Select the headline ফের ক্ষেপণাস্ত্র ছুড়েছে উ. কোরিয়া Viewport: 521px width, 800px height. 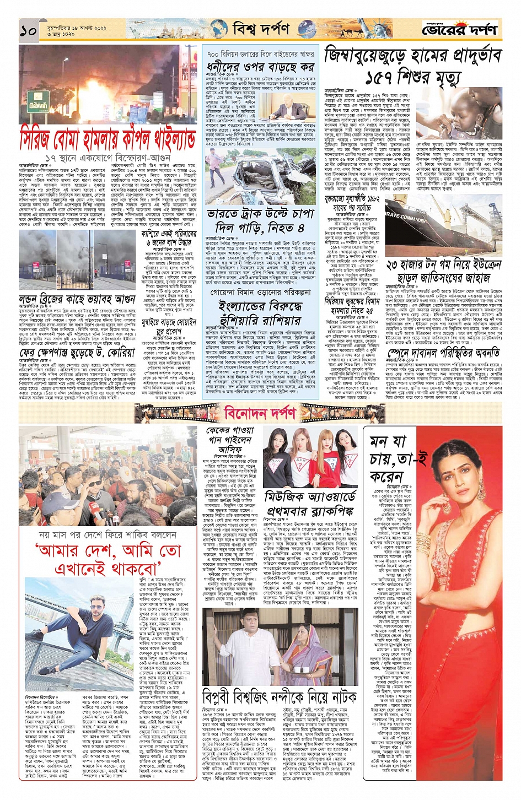click(x=77, y=352)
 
